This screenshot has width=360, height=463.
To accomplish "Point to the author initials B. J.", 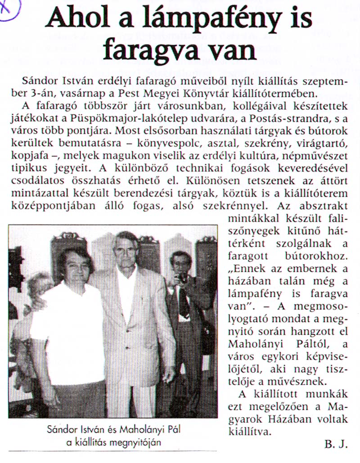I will click(x=336, y=445).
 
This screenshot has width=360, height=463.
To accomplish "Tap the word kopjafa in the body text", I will click(x=36, y=156).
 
